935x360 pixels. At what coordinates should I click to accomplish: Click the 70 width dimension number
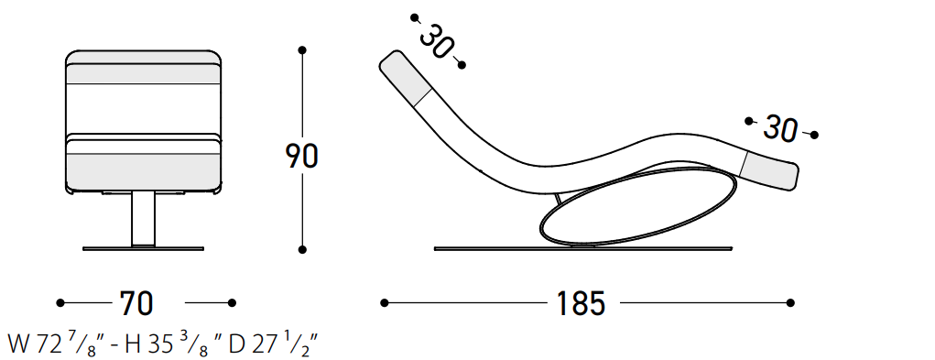[x=136, y=303]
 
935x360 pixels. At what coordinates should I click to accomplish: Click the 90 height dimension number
[x=301, y=156]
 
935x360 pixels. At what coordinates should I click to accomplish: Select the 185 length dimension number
[x=581, y=303]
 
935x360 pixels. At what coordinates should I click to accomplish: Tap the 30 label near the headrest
[x=437, y=42]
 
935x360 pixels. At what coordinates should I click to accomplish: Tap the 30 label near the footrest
[x=780, y=129]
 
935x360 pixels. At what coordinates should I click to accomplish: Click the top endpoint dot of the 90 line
[x=302, y=50]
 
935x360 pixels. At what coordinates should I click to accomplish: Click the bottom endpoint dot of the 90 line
[x=302, y=250]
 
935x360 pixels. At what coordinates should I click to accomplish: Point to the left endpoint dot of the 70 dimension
[x=60, y=303]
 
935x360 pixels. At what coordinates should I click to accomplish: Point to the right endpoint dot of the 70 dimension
[x=232, y=303]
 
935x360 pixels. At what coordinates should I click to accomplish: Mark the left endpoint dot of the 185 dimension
[x=385, y=303]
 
